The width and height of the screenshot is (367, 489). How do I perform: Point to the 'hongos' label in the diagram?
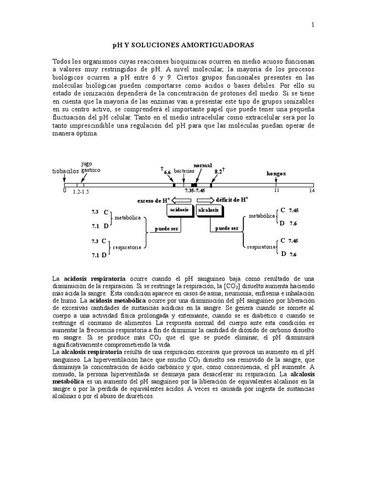click(x=276, y=174)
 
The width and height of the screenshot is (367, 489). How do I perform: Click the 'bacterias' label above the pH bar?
click(x=184, y=170)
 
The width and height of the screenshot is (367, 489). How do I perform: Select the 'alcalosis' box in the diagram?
click(x=210, y=210)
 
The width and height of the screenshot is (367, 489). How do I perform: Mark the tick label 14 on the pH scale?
click(x=313, y=191)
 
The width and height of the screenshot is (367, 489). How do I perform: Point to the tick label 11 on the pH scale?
click(x=276, y=191)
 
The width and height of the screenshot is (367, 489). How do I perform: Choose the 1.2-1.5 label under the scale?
click(x=81, y=191)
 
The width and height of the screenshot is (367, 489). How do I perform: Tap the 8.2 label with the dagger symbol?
click(x=219, y=170)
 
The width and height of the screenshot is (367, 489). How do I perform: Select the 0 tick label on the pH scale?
click(x=65, y=191)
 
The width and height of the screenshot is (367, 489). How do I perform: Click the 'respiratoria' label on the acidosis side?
click(x=128, y=248)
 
